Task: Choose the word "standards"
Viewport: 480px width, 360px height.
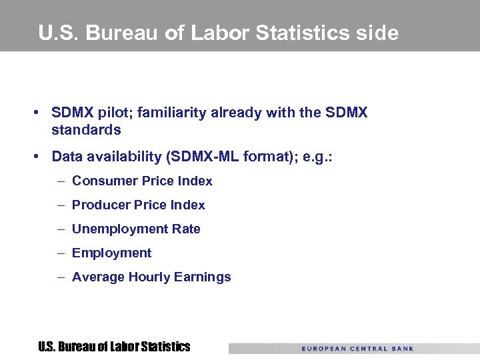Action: [x=86, y=129]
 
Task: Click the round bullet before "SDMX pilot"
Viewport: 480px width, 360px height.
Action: [x=41, y=113]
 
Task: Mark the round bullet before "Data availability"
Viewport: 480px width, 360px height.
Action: [x=41, y=157]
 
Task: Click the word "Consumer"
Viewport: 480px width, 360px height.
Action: [x=103, y=181]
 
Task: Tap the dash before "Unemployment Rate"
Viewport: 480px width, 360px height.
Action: [x=60, y=229]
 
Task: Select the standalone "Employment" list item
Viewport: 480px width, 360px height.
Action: [x=111, y=253]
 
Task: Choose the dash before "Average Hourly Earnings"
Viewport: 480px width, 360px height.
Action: [x=60, y=277]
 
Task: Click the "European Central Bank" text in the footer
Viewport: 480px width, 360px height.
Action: [x=357, y=348]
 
